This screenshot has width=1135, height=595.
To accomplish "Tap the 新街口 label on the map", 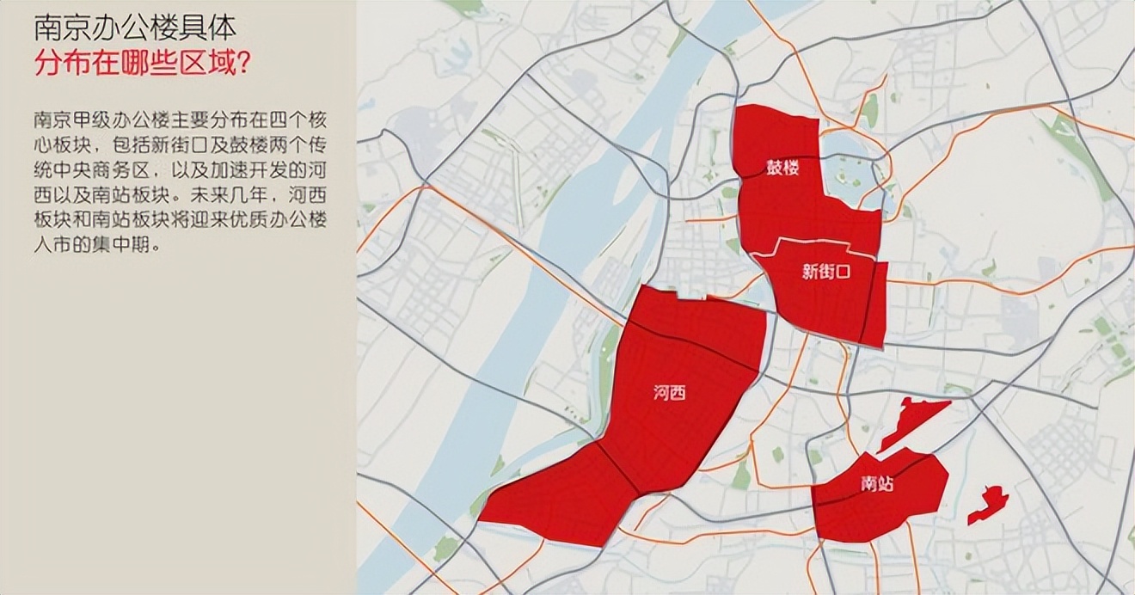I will pyautogui.click(x=825, y=273).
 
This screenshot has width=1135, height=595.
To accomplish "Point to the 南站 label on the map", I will pyautogui.click(x=876, y=484).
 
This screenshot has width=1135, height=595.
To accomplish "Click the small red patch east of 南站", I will pyautogui.click(x=987, y=504).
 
